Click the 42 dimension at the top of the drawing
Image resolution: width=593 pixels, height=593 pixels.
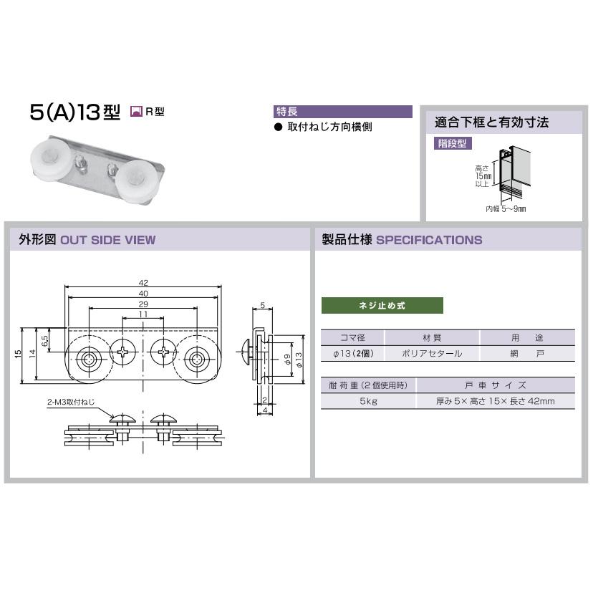point(143,282)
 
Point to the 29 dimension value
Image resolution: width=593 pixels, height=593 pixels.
point(143,304)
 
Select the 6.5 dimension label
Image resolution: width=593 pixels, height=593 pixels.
point(45,341)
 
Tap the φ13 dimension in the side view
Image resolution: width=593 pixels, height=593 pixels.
point(299,360)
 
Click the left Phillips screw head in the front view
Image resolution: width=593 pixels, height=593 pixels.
point(123,352)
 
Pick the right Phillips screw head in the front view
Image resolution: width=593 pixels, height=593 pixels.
point(164,352)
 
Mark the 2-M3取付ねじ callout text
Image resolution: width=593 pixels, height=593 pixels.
point(71,402)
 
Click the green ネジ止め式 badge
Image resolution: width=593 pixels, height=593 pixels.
point(382,306)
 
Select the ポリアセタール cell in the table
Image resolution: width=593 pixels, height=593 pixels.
point(432,354)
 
